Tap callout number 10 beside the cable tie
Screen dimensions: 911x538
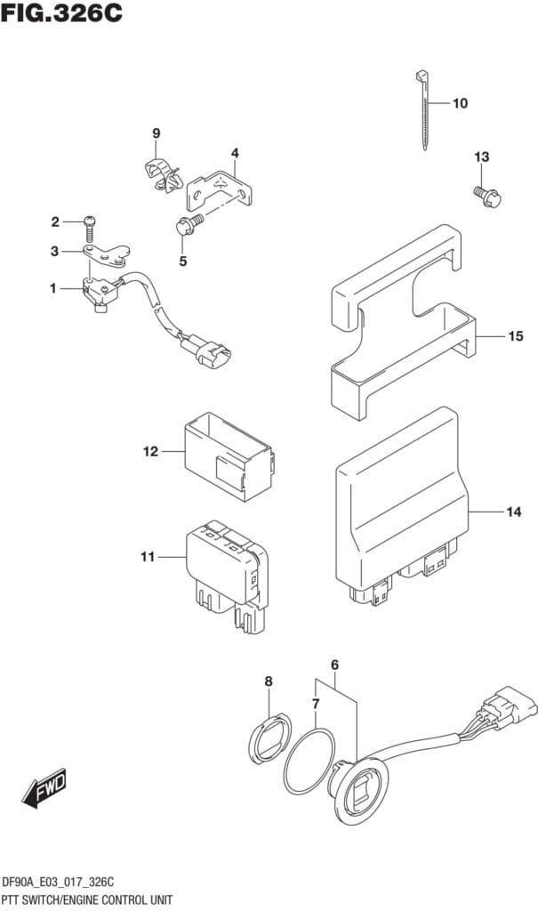pyautogui.click(x=460, y=103)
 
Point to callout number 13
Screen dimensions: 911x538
pyautogui.click(x=481, y=157)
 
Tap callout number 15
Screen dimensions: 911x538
pyautogui.click(x=515, y=336)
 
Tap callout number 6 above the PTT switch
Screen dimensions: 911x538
pyautogui.click(x=335, y=665)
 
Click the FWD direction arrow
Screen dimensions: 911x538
pyautogui.click(x=44, y=789)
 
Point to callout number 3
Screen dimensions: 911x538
pyautogui.click(x=54, y=252)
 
